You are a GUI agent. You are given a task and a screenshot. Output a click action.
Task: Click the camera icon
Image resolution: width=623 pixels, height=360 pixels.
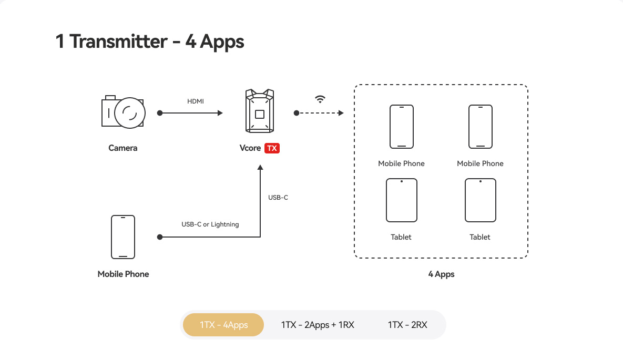pos(123,111)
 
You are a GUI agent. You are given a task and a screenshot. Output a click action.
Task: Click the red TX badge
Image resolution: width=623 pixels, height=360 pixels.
pos(272,148)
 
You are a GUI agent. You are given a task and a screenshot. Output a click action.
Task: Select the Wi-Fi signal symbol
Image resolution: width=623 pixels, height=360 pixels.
pos(320,99)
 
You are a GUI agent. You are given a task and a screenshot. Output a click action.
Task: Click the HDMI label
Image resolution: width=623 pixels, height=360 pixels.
pos(196,101)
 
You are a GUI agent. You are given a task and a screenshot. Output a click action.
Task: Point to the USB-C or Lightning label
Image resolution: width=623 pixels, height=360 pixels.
pos(210,224)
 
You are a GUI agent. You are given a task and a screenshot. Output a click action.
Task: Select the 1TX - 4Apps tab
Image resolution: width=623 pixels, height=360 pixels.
pos(223,325)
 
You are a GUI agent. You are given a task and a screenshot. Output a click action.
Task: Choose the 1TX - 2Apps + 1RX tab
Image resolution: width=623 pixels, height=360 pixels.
pos(318,325)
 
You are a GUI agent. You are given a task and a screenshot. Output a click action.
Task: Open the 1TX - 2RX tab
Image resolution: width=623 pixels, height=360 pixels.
pos(407,325)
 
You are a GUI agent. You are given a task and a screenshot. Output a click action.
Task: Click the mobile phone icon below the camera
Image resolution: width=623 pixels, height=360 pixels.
pos(123,236)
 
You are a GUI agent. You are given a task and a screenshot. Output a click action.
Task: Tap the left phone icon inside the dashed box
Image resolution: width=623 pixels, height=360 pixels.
pos(402,127)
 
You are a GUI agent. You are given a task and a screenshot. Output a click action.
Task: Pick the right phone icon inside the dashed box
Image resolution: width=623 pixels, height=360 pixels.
pos(480,127)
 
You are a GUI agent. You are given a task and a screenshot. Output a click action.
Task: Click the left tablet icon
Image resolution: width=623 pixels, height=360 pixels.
pos(402,200)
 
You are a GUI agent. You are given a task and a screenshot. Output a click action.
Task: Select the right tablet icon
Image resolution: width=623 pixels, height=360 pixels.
pos(480,200)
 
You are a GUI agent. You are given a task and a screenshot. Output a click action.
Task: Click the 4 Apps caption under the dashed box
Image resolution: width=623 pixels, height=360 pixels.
pos(441,274)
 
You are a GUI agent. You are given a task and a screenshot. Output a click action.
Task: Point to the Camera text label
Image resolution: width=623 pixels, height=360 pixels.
pos(123,148)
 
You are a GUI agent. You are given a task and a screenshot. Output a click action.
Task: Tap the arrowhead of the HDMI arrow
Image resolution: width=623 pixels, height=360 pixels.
pos(220,113)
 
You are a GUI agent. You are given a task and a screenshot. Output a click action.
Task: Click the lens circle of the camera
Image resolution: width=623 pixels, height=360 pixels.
pos(129,113)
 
